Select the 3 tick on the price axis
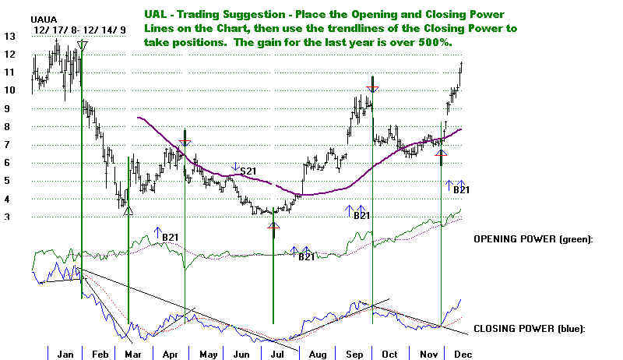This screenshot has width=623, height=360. tap(7, 217)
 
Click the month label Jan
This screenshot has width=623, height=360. tap(65, 354)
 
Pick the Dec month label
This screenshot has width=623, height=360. tap(460, 354)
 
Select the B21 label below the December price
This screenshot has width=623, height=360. tap(461, 189)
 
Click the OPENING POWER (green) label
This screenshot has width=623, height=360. tap(533, 238)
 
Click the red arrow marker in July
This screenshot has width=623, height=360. tap(273, 226)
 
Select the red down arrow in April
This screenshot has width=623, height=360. tap(185, 143)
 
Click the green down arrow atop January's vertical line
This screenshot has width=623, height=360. tap(83, 46)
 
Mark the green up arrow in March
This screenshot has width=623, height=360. tap(128, 208)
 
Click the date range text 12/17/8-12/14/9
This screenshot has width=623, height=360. tap(69, 29)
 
